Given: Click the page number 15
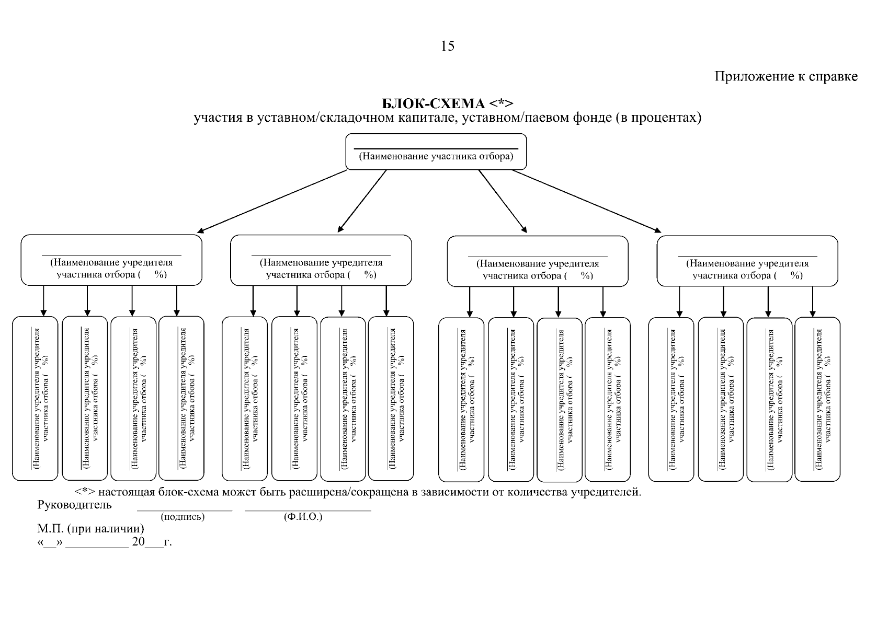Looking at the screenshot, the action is pyautogui.click(x=448, y=46).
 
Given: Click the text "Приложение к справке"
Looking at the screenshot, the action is pyautogui.click(x=786, y=76).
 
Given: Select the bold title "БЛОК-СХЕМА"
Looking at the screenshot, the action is pyautogui.click(x=434, y=103).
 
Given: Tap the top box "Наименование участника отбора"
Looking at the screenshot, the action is pyautogui.click(x=436, y=152).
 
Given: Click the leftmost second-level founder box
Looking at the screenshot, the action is pyautogui.click(x=111, y=260).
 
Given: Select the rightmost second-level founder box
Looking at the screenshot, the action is pyautogui.click(x=747, y=261).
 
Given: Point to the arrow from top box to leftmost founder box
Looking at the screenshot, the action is pyautogui.click(x=272, y=201).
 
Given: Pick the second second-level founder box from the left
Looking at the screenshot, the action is pyautogui.click(x=321, y=260).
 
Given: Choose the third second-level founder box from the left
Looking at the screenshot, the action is pyautogui.click(x=538, y=261).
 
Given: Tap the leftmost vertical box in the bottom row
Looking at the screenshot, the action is pyautogui.click(x=35, y=399).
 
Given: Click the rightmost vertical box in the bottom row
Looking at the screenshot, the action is pyautogui.click(x=817, y=399).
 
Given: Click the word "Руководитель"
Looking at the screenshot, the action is pyautogui.click(x=75, y=505).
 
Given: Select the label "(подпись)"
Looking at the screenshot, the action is pyautogui.click(x=183, y=517).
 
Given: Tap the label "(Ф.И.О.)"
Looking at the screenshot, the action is pyautogui.click(x=303, y=517).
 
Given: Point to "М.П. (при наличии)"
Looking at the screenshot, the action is pyautogui.click(x=91, y=529).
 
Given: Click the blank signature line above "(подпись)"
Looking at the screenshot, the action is pyautogui.click(x=185, y=511).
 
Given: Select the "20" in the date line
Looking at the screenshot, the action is pyautogui.click(x=139, y=541).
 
